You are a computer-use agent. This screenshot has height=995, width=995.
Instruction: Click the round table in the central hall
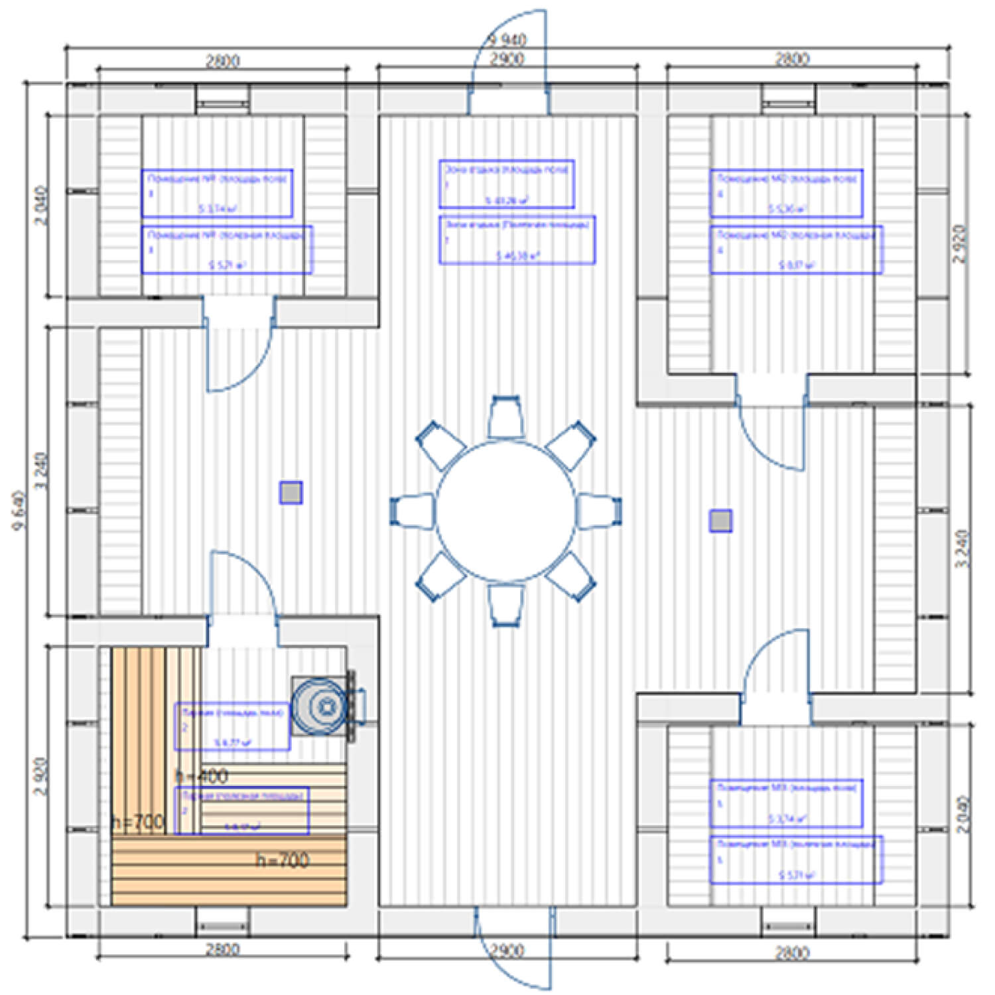[x=505, y=511]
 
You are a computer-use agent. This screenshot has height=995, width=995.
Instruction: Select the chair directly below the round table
[x=505, y=605]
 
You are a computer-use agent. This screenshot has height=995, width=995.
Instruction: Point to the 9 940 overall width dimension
[x=507, y=40]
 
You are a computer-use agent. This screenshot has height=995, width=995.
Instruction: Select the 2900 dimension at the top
[x=507, y=59]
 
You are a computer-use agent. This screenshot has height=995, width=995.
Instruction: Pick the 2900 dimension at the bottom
[x=507, y=951]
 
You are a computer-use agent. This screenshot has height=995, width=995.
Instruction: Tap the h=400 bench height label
[x=202, y=775]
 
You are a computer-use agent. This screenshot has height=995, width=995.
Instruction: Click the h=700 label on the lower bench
[x=283, y=860]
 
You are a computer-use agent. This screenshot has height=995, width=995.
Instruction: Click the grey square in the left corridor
[x=291, y=493]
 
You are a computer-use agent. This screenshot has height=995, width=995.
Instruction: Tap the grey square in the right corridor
[x=721, y=521]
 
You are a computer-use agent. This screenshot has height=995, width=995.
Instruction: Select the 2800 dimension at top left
[x=222, y=62]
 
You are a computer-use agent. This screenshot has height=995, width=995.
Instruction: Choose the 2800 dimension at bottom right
[x=792, y=953]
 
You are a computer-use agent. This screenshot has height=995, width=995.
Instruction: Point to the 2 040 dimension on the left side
[x=41, y=206]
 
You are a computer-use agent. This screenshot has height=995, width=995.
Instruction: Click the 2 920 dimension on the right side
[x=960, y=244]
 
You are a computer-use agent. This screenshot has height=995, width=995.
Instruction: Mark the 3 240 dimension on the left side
[x=41, y=471]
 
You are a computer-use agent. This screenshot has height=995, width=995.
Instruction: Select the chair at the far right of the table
[x=599, y=511]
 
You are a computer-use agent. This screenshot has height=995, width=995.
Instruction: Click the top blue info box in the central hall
[x=506, y=184]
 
